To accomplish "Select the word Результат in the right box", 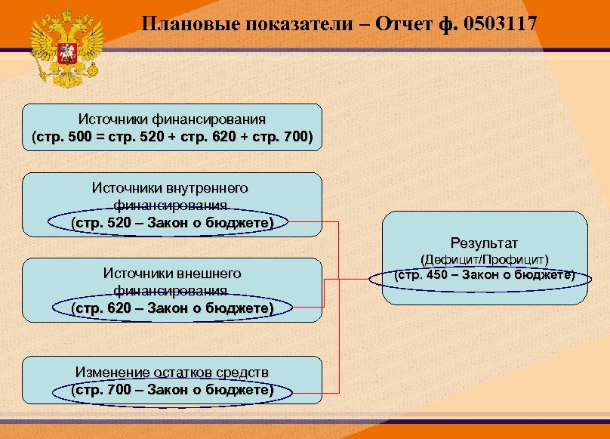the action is [484, 243].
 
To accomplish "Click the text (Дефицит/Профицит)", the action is [484, 259].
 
